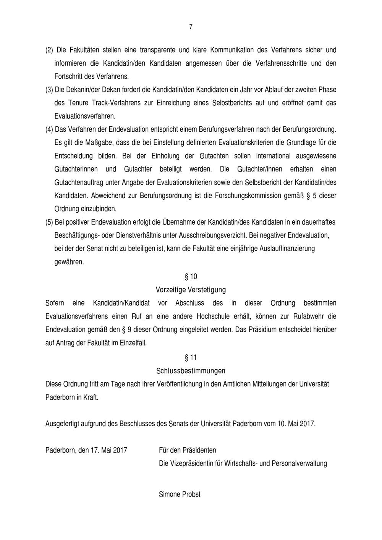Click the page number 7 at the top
(191, 27)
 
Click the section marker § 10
(191, 276)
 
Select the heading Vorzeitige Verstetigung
(191, 290)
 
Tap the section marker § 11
(191, 358)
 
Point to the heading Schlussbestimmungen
(191, 371)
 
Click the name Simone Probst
(180, 495)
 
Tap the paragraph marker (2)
(49, 50)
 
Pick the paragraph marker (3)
(49, 90)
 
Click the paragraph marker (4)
(49, 129)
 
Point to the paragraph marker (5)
(49, 222)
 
